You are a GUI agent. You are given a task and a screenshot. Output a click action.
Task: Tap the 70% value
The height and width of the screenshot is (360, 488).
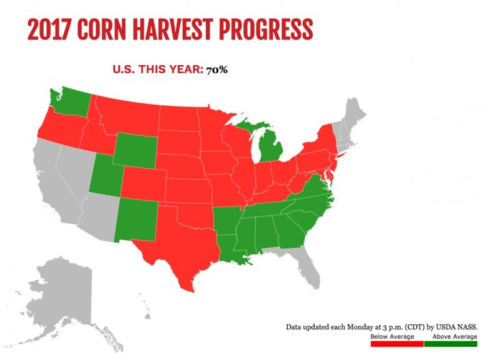(x=216, y=69)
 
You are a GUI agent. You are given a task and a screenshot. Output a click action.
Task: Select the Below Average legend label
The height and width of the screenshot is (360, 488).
(x=387, y=337)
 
